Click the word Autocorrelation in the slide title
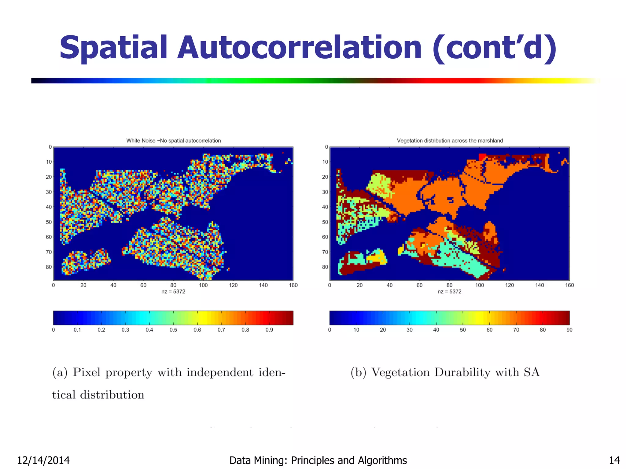299,48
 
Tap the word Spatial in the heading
113,48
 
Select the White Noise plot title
173,141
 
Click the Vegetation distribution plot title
450,141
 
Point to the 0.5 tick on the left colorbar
173,330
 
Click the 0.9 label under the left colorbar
269,330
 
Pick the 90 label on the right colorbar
569,330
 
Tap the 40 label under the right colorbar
436,330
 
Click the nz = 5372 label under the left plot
173,292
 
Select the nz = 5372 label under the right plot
449,292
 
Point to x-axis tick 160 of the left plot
293,285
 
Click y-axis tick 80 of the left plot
49,267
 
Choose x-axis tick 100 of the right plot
479,285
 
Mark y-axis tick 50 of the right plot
325,222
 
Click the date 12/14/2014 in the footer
43,460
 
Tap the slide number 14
614,460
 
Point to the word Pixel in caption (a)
87,373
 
